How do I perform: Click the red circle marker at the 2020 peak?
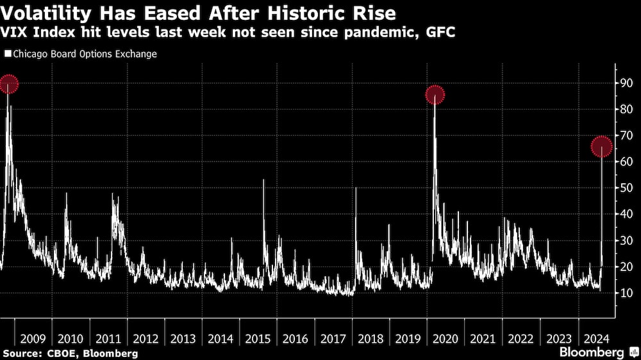tap(435, 95)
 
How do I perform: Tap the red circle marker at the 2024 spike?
tap(601, 147)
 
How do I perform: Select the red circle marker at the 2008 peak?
tap(8, 83)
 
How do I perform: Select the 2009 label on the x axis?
tap(32, 338)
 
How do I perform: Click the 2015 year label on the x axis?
tap(258, 338)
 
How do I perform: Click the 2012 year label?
tap(145, 338)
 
